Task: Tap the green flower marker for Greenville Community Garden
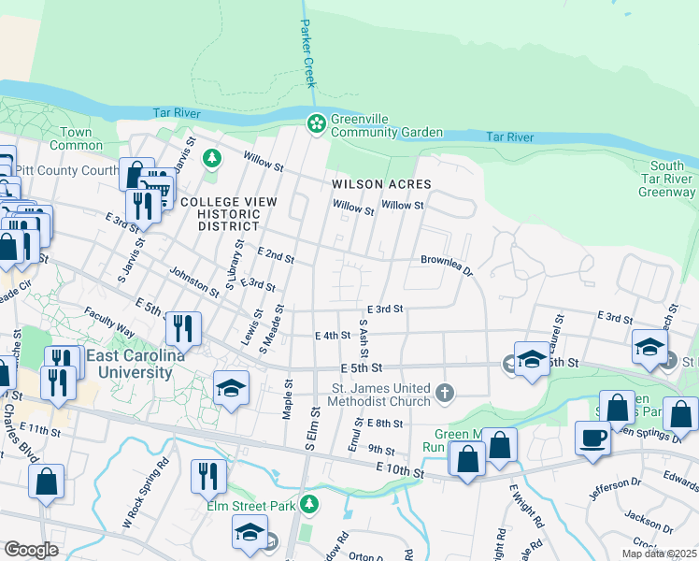[x=316, y=123]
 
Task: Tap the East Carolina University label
[x=130, y=365]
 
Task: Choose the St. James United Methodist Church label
[x=378, y=395]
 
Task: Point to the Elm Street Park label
[x=251, y=506]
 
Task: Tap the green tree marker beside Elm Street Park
[x=309, y=506]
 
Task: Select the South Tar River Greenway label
[x=666, y=179]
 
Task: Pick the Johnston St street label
[x=194, y=281]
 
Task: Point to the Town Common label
[x=77, y=138]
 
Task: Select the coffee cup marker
[x=592, y=439]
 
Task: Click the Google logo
[x=32, y=550]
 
